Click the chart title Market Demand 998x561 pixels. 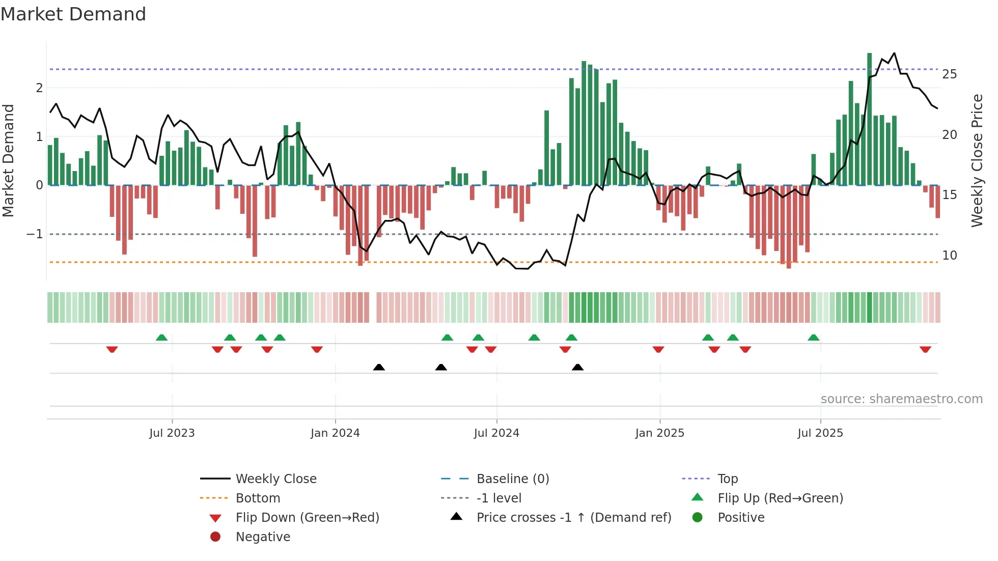pos(73,14)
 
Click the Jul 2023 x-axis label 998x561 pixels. pos(172,433)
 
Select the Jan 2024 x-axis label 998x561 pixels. pos(335,433)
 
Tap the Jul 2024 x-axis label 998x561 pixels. pos(496,433)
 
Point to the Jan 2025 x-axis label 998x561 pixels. pos(659,433)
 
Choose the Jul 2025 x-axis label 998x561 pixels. pos(820,433)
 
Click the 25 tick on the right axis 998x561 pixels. pos(949,74)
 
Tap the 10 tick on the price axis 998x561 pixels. pos(949,256)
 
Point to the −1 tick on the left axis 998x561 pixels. pos(35,234)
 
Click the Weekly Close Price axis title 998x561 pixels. pos(977,160)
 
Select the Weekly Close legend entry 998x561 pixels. pos(275,479)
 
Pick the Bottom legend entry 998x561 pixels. pos(258,498)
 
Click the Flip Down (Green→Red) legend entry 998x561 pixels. pos(307,517)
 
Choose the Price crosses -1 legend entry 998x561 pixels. pos(573,517)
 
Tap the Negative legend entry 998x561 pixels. pos(263,537)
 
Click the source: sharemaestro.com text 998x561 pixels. pos(901,399)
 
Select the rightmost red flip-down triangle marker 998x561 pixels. pos(925,349)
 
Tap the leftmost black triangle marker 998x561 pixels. pos(379,367)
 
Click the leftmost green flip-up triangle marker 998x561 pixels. pos(161,338)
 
